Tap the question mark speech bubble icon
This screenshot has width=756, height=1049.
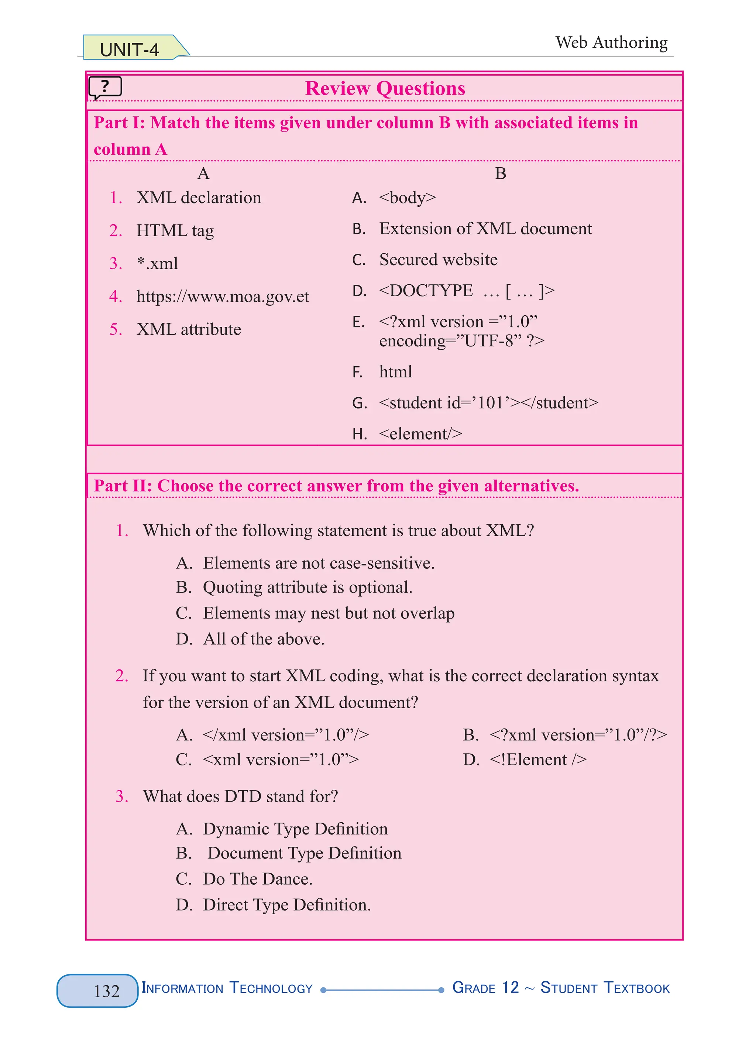coord(105,87)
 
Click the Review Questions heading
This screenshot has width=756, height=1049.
coord(385,88)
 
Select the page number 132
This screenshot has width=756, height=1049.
coord(106,991)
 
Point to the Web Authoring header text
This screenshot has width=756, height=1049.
coord(611,42)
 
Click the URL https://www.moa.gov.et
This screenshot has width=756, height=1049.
coord(223,296)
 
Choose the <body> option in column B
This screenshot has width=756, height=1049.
coord(407,198)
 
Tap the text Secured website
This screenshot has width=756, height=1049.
coord(438,260)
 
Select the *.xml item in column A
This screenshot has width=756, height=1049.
coord(157,264)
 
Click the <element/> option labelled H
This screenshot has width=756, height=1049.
coord(420,433)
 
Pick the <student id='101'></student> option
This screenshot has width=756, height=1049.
coord(488,403)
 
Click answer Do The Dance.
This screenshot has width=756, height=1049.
coord(258,879)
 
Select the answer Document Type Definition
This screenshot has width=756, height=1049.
coord(304,853)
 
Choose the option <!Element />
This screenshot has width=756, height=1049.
coord(538,760)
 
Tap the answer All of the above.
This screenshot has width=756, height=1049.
coord(264,639)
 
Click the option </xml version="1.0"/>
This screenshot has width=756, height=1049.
coord(285,734)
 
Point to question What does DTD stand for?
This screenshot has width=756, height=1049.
coord(240,796)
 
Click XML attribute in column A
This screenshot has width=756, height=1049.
coord(189,329)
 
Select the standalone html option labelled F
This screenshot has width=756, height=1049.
coord(395,372)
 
